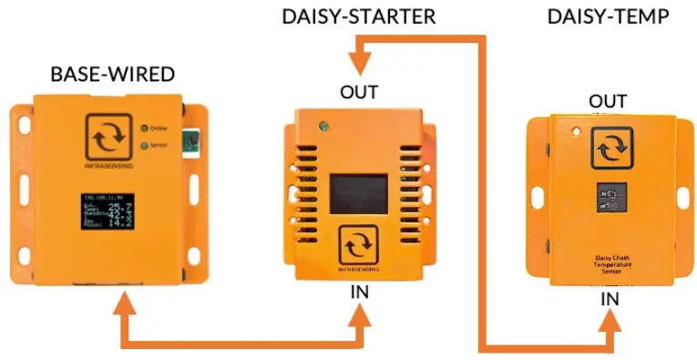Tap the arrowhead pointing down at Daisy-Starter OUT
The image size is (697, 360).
(359, 62)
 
